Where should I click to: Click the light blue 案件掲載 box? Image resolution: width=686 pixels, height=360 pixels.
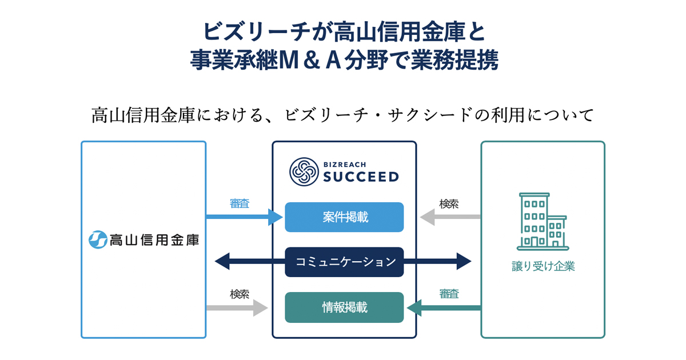pos(344,217)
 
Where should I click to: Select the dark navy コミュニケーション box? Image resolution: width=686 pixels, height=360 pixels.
pos(344,262)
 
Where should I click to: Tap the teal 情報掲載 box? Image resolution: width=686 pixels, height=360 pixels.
pos(344,307)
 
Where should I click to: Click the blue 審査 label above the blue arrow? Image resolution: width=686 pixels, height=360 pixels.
pos(240,203)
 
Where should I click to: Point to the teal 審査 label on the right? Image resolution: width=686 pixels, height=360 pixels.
pos(449,294)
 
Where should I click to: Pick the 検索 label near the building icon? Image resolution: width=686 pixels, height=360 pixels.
pos(449,203)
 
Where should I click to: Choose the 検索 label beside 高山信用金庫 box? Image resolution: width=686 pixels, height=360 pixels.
pos(240,294)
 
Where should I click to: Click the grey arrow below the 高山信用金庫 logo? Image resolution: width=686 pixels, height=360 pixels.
pos(237,308)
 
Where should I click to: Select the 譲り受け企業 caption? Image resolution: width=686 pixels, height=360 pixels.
pos(543,267)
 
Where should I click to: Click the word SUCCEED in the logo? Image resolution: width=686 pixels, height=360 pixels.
pos(361,177)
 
